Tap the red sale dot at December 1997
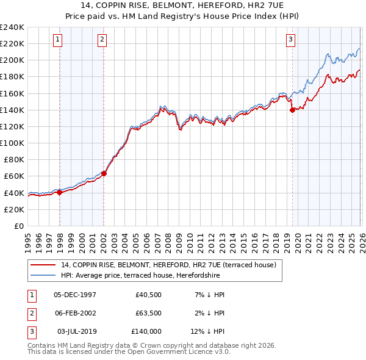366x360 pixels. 60,192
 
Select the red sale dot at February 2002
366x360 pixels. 104,173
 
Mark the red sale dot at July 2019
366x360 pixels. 292,110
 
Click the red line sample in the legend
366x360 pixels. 44,265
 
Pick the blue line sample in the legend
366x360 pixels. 44,275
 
